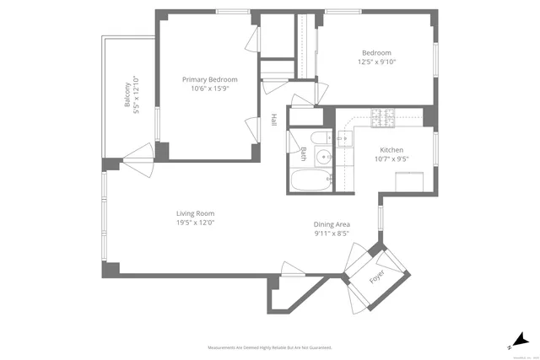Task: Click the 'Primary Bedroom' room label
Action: [x=209, y=79]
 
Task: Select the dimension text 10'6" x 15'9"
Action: [x=209, y=89]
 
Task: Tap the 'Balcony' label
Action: [x=127, y=95]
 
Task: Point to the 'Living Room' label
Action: [x=195, y=213]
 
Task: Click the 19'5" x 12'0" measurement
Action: [x=195, y=223]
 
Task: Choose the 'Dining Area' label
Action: [x=332, y=223]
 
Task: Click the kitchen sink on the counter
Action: [x=345, y=139]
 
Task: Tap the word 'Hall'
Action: [x=274, y=121]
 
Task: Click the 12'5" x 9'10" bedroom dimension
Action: [x=377, y=62]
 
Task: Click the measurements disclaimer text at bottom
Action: [x=270, y=347]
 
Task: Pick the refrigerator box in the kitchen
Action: [x=411, y=180]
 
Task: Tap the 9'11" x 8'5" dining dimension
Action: [x=332, y=234]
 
